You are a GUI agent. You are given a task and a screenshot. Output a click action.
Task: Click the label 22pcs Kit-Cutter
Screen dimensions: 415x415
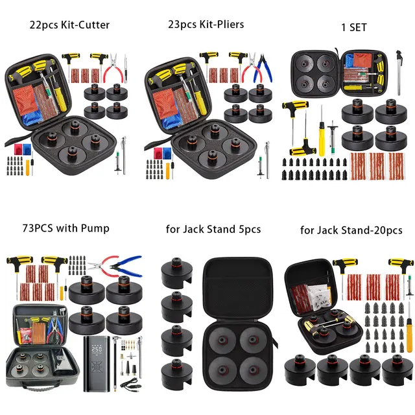tap(69, 25)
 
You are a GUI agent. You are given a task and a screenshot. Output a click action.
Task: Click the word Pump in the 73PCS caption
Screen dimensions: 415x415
tap(95, 228)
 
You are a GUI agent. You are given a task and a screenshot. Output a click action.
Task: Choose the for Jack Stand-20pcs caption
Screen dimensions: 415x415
tap(351, 230)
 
